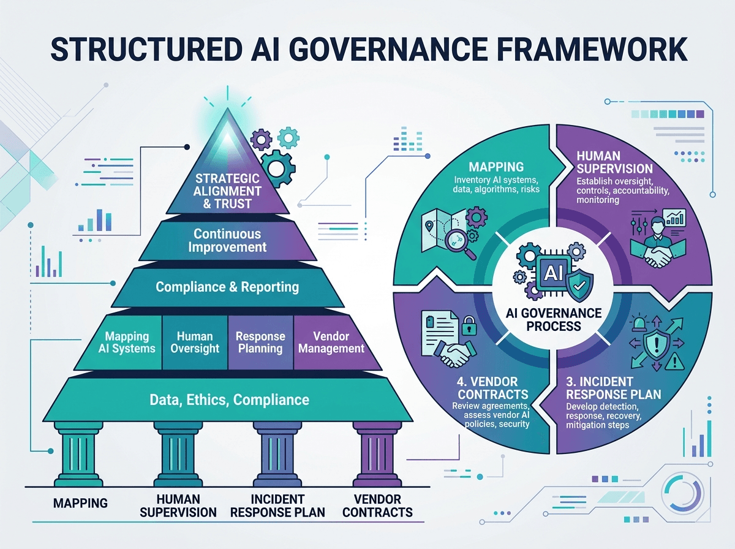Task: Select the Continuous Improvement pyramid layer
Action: pos(228,241)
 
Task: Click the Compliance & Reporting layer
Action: pos(228,287)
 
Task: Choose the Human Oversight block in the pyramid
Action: pos(195,343)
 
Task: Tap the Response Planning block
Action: pos(260,343)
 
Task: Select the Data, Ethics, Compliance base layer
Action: pos(228,399)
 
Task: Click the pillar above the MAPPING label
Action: pos(78,454)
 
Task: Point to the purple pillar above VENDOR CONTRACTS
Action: pos(377,454)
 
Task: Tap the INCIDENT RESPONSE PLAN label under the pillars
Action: pos(277,505)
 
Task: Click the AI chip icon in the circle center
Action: pos(553,273)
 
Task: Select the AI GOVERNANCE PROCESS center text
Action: pos(554,320)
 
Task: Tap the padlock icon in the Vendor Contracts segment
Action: pos(469,325)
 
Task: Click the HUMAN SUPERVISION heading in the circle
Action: pos(614,162)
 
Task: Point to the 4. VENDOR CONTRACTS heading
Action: pos(492,388)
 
